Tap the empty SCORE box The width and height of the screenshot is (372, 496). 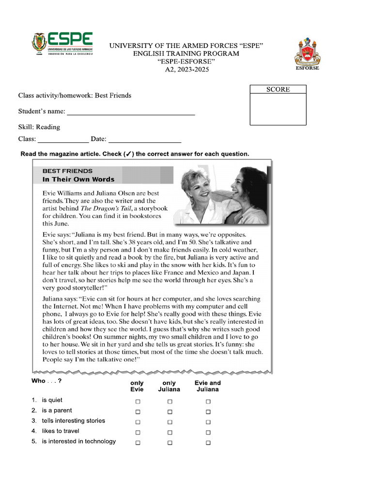tap(278, 109)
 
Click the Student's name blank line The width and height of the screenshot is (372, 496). tap(131, 113)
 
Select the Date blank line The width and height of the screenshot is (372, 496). tap(145, 141)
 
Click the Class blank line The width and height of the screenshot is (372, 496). tap(63, 141)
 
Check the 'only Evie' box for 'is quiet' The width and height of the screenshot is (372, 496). tap(138, 402)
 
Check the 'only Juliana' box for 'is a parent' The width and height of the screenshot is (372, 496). tap(170, 412)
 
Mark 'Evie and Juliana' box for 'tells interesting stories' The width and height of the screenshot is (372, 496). tap(208, 422)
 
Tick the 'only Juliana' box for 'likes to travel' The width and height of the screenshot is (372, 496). tap(170, 432)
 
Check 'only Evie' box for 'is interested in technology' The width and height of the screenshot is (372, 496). tap(138, 443)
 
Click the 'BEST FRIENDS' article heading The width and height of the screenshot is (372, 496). tap(67, 171)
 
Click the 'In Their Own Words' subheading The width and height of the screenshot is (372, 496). tap(78, 179)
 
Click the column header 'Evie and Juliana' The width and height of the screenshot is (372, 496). tap(208, 386)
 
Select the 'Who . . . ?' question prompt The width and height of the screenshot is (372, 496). tap(46, 381)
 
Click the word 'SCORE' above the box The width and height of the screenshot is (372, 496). tap(278, 89)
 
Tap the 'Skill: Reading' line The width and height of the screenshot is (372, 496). tap(39, 127)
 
